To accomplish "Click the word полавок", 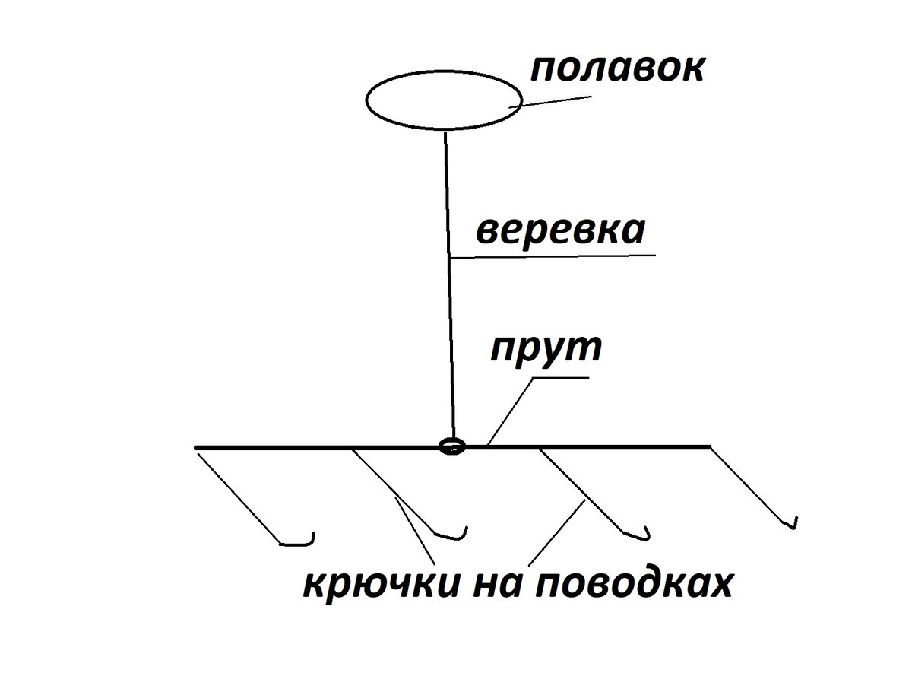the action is (x=616, y=68).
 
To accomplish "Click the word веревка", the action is (x=561, y=230).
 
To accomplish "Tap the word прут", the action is (x=546, y=349).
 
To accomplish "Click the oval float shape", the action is (x=444, y=100).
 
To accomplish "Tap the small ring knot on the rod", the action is (x=451, y=446).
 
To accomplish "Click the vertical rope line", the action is (x=448, y=289).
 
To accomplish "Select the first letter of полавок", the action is (x=541, y=70).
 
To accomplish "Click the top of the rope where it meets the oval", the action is (x=445, y=131).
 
